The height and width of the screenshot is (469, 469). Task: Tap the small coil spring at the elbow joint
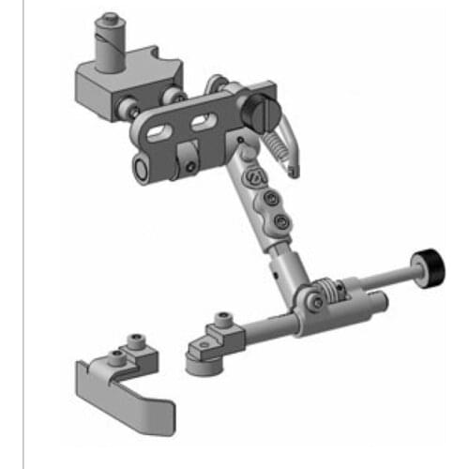[322, 292]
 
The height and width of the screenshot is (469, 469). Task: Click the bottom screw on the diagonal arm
[280, 220]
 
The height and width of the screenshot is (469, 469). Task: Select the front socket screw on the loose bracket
[114, 356]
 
